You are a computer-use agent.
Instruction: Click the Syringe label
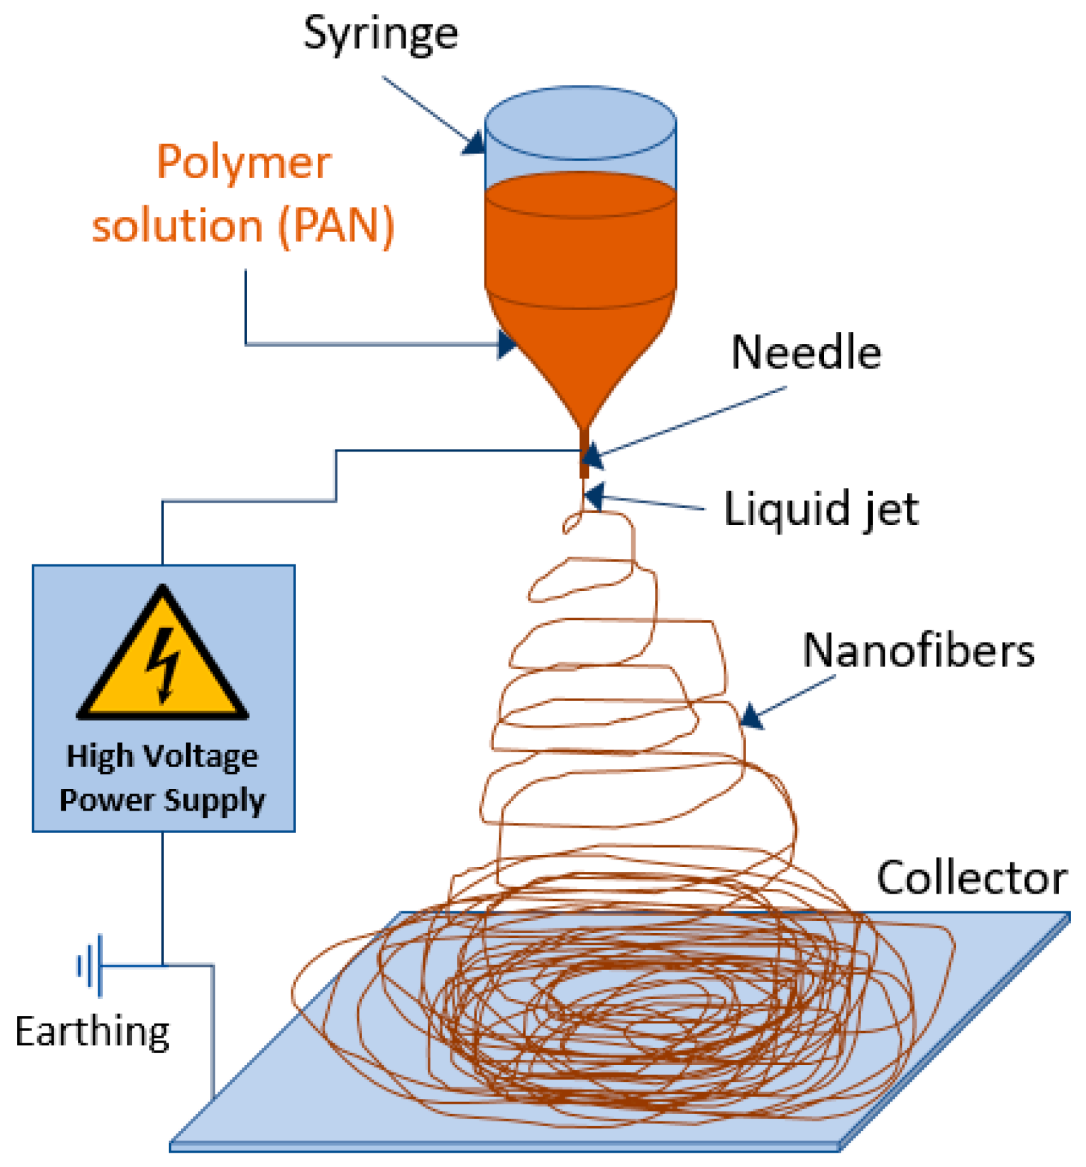(380, 34)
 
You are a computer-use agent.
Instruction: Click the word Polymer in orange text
(244, 163)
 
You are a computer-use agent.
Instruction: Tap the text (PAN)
(336, 226)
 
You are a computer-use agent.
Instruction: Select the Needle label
(806, 353)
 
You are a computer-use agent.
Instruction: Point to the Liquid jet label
(821, 509)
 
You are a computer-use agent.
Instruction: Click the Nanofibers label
(918, 651)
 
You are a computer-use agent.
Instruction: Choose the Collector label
(971, 878)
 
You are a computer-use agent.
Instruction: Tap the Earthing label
(92, 1032)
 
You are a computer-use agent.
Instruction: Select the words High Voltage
(162, 756)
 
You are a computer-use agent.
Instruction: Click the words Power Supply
(162, 800)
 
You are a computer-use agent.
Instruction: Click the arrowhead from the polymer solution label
(506, 344)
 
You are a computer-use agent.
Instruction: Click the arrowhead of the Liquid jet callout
(593, 496)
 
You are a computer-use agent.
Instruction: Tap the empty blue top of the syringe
(580, 136)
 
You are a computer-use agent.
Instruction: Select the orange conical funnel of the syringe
(580, 354)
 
